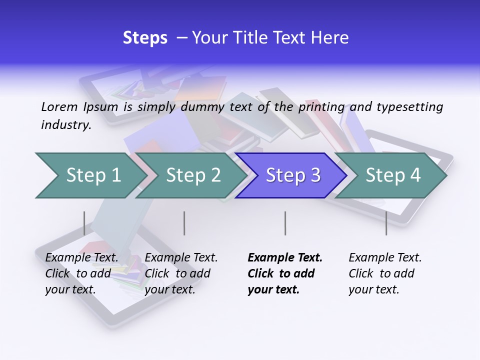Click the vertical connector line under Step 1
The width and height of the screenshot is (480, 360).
[84, 223]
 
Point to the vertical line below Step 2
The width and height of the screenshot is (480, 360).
[184, 223]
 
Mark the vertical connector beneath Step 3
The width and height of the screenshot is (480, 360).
[285, 223]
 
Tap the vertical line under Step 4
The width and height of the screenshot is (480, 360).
[386, 223]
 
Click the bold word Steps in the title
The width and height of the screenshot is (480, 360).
[145, 38]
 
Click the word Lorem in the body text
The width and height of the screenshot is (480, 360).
[59, 106]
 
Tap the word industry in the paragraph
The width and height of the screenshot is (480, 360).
[65, 124]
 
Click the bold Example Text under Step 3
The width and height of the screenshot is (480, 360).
[285, 257]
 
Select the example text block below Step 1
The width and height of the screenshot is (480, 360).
[81, 273]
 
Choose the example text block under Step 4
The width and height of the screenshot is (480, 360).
[385, 273]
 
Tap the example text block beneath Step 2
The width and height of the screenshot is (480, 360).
[181, 273]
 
